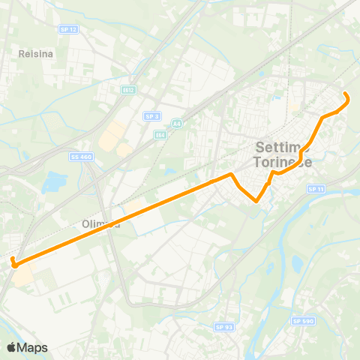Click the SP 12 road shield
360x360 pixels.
(68, 28)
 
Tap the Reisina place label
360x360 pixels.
(34, 54)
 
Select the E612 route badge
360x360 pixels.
(129, 90)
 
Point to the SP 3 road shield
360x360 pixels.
(152, 116)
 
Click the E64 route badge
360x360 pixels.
(160, 135)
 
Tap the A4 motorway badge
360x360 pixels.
(177, 124)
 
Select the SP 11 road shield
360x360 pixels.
(315, 190)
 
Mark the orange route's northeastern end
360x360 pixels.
(345, 94)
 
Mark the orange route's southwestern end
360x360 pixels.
(13, 259)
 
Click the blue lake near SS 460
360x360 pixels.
(55, 181)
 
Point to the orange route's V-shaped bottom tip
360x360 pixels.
(256, 201)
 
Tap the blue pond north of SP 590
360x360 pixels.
(298, 262)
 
